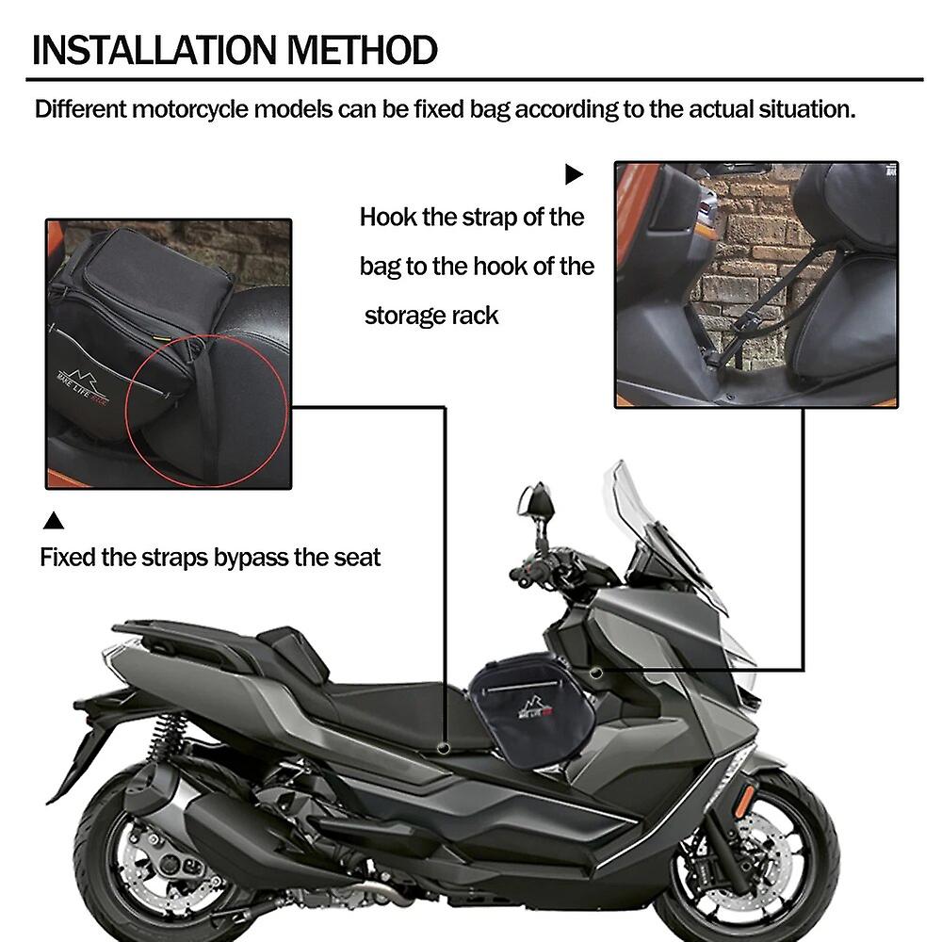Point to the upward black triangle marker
(x=55, y=520)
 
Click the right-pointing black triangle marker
(x=574, y=174)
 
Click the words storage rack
(x=431, y=316)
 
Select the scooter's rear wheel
(x=155, y=853)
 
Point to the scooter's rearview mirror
(x=535, y=504)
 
